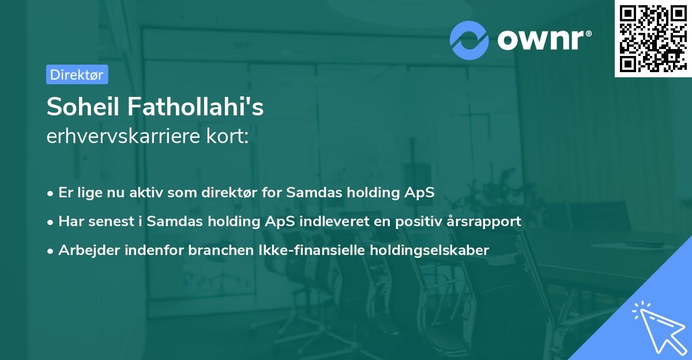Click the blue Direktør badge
77,74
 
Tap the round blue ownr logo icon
470,40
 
